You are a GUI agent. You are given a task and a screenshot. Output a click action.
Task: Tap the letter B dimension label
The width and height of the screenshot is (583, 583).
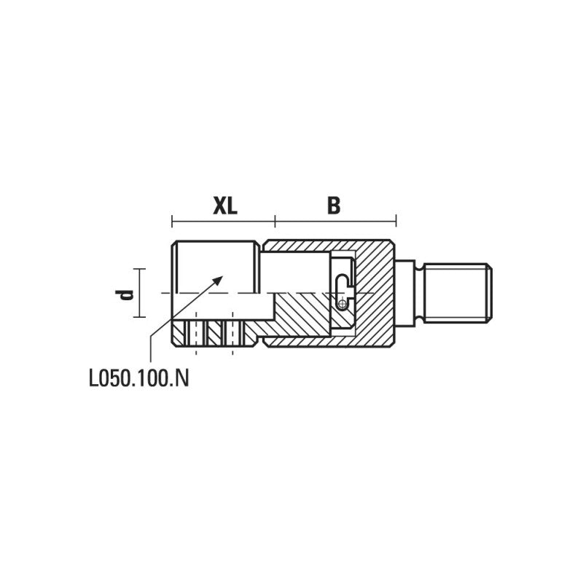coord(334,206)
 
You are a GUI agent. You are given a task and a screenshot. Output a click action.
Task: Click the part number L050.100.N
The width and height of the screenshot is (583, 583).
coord(139,379)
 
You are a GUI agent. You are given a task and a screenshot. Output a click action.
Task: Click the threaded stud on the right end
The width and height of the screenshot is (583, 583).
coord(458,293)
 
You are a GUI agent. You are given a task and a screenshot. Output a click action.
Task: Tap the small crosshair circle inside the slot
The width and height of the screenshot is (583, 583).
coord(343,305)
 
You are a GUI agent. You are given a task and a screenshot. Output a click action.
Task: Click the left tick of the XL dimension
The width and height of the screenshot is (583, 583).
coord(172,221)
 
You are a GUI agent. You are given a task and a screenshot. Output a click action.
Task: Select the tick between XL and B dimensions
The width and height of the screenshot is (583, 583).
coord(275,221)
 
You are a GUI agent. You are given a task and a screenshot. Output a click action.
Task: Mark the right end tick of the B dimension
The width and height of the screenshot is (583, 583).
coord(396,221)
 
